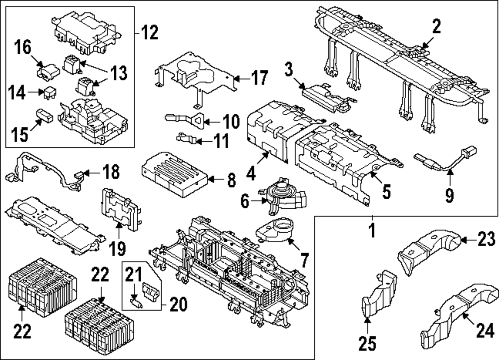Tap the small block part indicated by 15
pos(45,115)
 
